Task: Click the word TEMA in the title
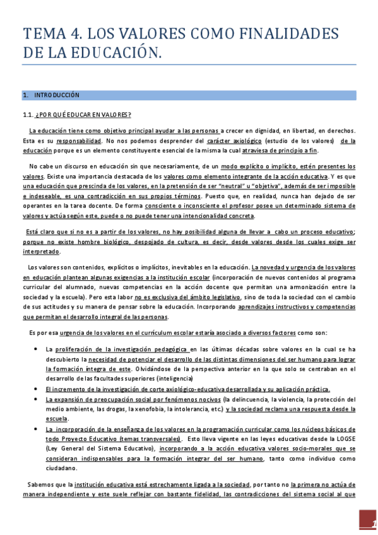coord(42,33)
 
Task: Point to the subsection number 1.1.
coord(28,114)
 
